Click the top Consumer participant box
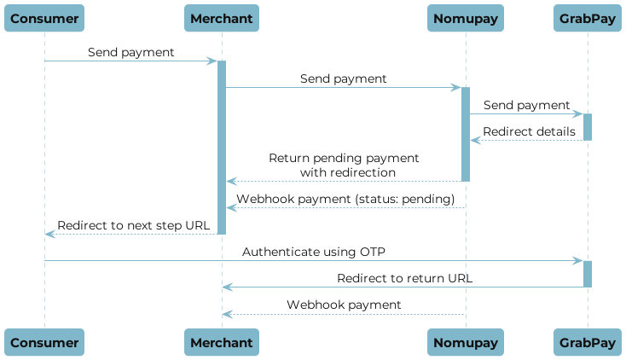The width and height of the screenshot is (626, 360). click(44, 18)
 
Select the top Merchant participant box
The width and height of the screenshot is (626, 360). click(222, 18)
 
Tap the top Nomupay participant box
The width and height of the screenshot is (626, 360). click(466, 18)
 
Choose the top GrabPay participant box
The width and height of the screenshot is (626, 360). click(588, 18)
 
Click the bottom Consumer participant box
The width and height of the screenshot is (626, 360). click(44, 342)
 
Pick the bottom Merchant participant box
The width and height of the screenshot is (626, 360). click(222, 342)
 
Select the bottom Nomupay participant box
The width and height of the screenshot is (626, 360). click(466, 342)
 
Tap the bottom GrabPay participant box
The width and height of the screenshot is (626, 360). click(588, 342)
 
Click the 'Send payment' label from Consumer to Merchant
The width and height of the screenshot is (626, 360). click(130, 53)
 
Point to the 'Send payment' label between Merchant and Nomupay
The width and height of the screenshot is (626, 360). click(343, 78)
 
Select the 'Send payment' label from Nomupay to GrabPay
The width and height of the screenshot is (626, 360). click(526, 105)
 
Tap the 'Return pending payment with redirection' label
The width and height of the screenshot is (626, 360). click(344, 165)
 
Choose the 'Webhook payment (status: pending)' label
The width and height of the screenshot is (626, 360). click(345, 199)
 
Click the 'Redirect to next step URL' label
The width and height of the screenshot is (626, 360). click(133, 225)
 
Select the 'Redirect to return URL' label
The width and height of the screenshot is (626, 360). click(402, 278)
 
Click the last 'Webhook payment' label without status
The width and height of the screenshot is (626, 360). click(344, 305)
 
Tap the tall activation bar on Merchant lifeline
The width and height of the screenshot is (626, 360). click(222, 145)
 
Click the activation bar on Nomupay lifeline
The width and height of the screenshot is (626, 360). click(466, 132)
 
